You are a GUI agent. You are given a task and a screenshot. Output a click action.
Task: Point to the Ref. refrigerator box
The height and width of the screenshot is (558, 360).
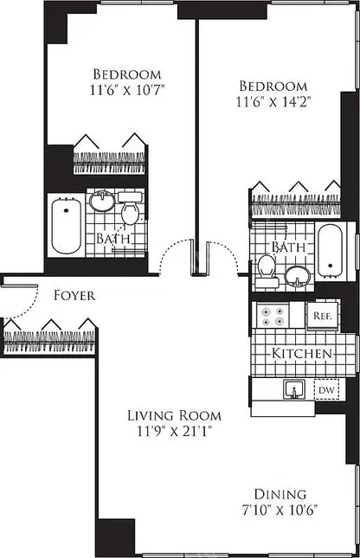tap(323, 316)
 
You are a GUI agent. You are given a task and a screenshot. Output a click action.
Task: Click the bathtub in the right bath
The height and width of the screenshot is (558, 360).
tap(329, 247)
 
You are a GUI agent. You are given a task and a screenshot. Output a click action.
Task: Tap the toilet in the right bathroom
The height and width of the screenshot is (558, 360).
tap(267, 271)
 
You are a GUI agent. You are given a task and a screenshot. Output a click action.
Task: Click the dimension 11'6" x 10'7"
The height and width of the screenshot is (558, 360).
tap(107, 91)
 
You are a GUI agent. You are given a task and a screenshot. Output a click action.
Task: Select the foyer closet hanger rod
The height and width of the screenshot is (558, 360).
tap(49, 337)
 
